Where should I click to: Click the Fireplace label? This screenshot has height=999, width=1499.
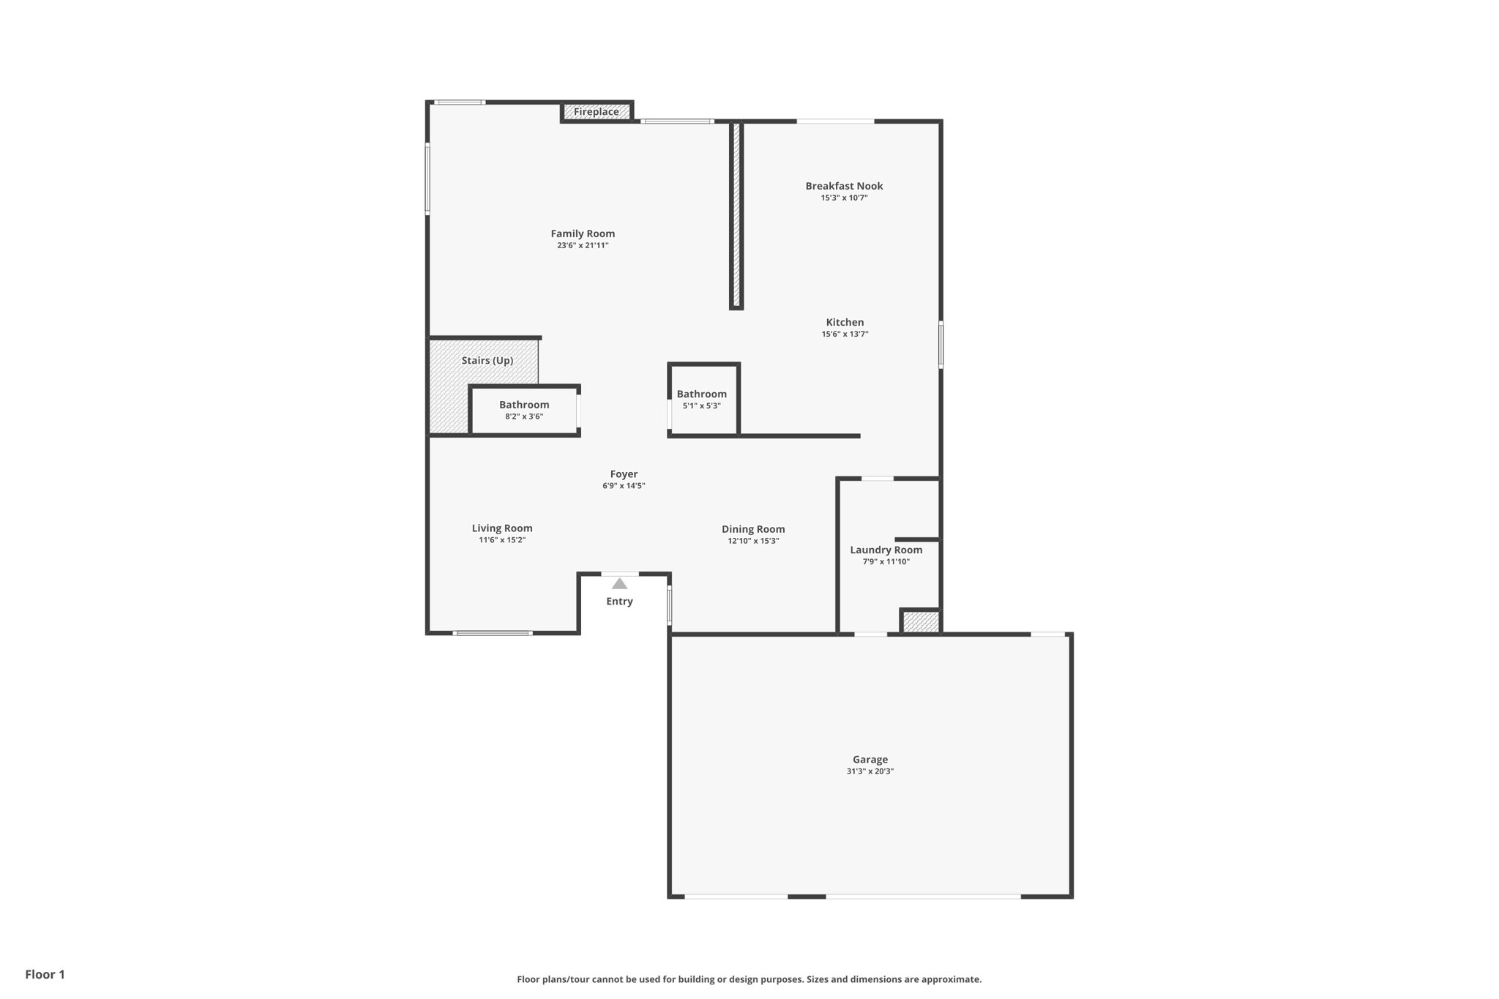[x=596, y=112]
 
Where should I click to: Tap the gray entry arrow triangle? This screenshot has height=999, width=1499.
[x=619, y=584]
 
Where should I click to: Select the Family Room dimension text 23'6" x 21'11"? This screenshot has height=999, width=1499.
[x=583, y=246]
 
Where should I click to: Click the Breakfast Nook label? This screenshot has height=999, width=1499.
[x=844, y=186]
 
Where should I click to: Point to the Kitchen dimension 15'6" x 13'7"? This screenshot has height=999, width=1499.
[x=845, y=334]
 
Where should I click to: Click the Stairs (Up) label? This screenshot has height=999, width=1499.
[x=487, y=361]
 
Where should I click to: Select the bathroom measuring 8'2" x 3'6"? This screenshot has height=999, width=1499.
[x=524, y=411]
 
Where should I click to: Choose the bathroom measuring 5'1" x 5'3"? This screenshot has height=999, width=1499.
[x=701, y=400]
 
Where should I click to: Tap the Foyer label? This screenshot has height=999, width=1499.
[x=624, y=474]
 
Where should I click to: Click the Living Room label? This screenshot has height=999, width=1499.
[x=502, y=528]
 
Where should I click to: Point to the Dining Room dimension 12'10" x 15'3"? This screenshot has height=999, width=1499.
[x=753, y=542]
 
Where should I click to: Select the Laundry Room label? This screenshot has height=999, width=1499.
[x=886, y=550]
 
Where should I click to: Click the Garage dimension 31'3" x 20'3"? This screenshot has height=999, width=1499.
[x=870, y=771]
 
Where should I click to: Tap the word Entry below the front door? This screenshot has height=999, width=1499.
[x=619, y=602]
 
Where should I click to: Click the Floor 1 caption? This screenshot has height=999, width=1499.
[x=45, y=974]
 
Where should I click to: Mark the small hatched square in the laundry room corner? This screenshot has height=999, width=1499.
[x=921, y=622]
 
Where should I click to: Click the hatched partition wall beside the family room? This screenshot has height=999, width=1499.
[x=736, y=216]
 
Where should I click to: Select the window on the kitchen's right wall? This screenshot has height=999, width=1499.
[x=941, y=344]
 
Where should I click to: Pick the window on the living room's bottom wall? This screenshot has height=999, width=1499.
[x=493, y=633]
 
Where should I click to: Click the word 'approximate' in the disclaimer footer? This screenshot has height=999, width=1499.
[x=950, y=979]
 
